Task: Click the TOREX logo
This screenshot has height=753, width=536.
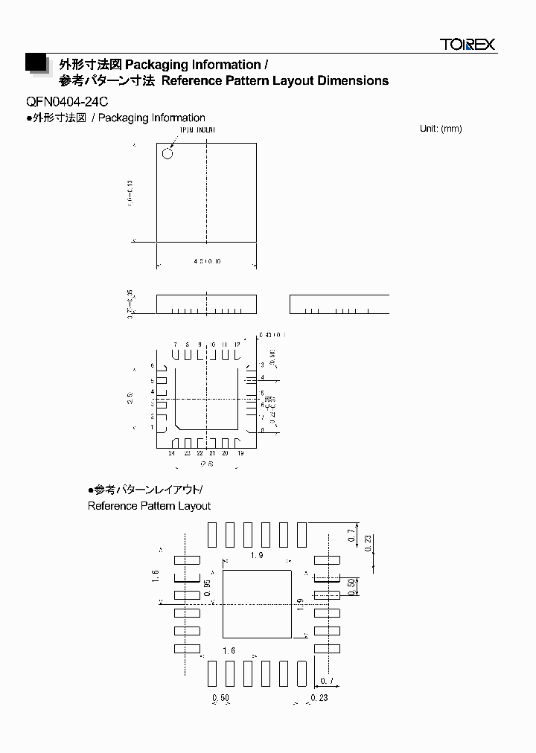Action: (x=467, y=45)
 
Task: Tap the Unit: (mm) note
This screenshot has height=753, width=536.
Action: (x=441, y=129)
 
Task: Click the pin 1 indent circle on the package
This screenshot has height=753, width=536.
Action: (x=167, y=154)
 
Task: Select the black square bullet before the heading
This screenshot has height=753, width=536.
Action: (x=36, y=63)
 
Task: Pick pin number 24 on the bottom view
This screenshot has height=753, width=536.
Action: (x=172, y=453)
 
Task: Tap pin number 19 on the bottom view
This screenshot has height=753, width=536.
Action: (x=240, y=453)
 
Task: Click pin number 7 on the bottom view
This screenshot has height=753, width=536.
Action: (x=175, y=345)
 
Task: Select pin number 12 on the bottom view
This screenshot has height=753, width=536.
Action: (x=237, y=345)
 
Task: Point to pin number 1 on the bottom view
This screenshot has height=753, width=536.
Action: (x=152, y=428)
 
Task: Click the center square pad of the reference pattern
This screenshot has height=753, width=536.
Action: (x=257, y=603)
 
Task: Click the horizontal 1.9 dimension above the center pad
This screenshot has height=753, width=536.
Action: (x=257, y=556)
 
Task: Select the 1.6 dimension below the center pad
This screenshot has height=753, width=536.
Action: (x=228, y=651)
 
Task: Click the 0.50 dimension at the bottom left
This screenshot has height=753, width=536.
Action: (x=220, y=698)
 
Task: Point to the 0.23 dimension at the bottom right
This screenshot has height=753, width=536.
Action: (x=319, y=698)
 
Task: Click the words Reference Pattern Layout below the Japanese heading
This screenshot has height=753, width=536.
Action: (x=149, y=506)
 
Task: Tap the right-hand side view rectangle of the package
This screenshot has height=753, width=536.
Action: (x=339, y=304)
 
